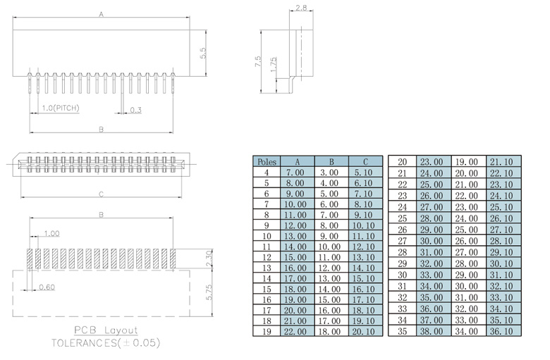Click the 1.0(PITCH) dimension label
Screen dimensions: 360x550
(60, 108)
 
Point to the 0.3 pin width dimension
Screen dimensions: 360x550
(135, 109)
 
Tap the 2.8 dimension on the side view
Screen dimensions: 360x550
(300, 8)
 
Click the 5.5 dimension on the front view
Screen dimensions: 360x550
(203, 53)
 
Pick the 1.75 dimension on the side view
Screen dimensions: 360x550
(272, 65)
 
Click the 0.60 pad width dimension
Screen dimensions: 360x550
(47, 287)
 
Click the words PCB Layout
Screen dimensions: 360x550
(106, 330)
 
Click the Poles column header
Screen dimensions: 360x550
(267, 161)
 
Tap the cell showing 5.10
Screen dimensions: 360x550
(364, 172)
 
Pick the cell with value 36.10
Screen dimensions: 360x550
(503, 330)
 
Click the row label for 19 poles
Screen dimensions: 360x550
(267, 331)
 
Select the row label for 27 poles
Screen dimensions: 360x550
(403, 240)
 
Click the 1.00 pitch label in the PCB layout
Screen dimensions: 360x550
(51, 233)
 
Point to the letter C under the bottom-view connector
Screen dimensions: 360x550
(101, 194)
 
